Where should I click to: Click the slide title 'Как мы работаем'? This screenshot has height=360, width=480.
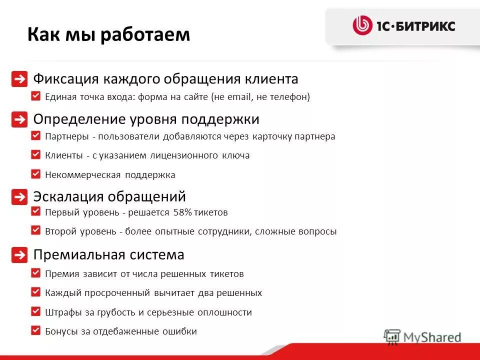click(108, 34)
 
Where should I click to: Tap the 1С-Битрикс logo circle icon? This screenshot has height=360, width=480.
click(362, 25)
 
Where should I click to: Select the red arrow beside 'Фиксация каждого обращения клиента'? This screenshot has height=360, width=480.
click(19, 79)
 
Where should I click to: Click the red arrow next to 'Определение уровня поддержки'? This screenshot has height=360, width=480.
click(19, 120)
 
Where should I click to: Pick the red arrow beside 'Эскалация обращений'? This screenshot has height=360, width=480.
click(19, 197)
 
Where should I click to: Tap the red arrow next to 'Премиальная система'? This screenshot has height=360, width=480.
click(19, 255)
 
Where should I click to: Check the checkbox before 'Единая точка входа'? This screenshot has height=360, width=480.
click(35, 96)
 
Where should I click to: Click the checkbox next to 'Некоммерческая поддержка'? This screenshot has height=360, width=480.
click(35, 174)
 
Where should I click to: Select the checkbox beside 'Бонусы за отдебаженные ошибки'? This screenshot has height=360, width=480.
click(35, 330)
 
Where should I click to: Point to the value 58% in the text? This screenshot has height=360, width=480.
click(182, 212)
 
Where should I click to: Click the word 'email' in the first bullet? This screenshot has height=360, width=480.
click(238, 97)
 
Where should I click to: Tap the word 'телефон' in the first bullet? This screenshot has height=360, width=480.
click(290, 97)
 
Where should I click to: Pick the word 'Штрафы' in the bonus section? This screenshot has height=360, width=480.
click(60, 312)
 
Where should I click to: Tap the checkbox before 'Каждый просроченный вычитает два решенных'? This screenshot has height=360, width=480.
click(35, 291)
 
